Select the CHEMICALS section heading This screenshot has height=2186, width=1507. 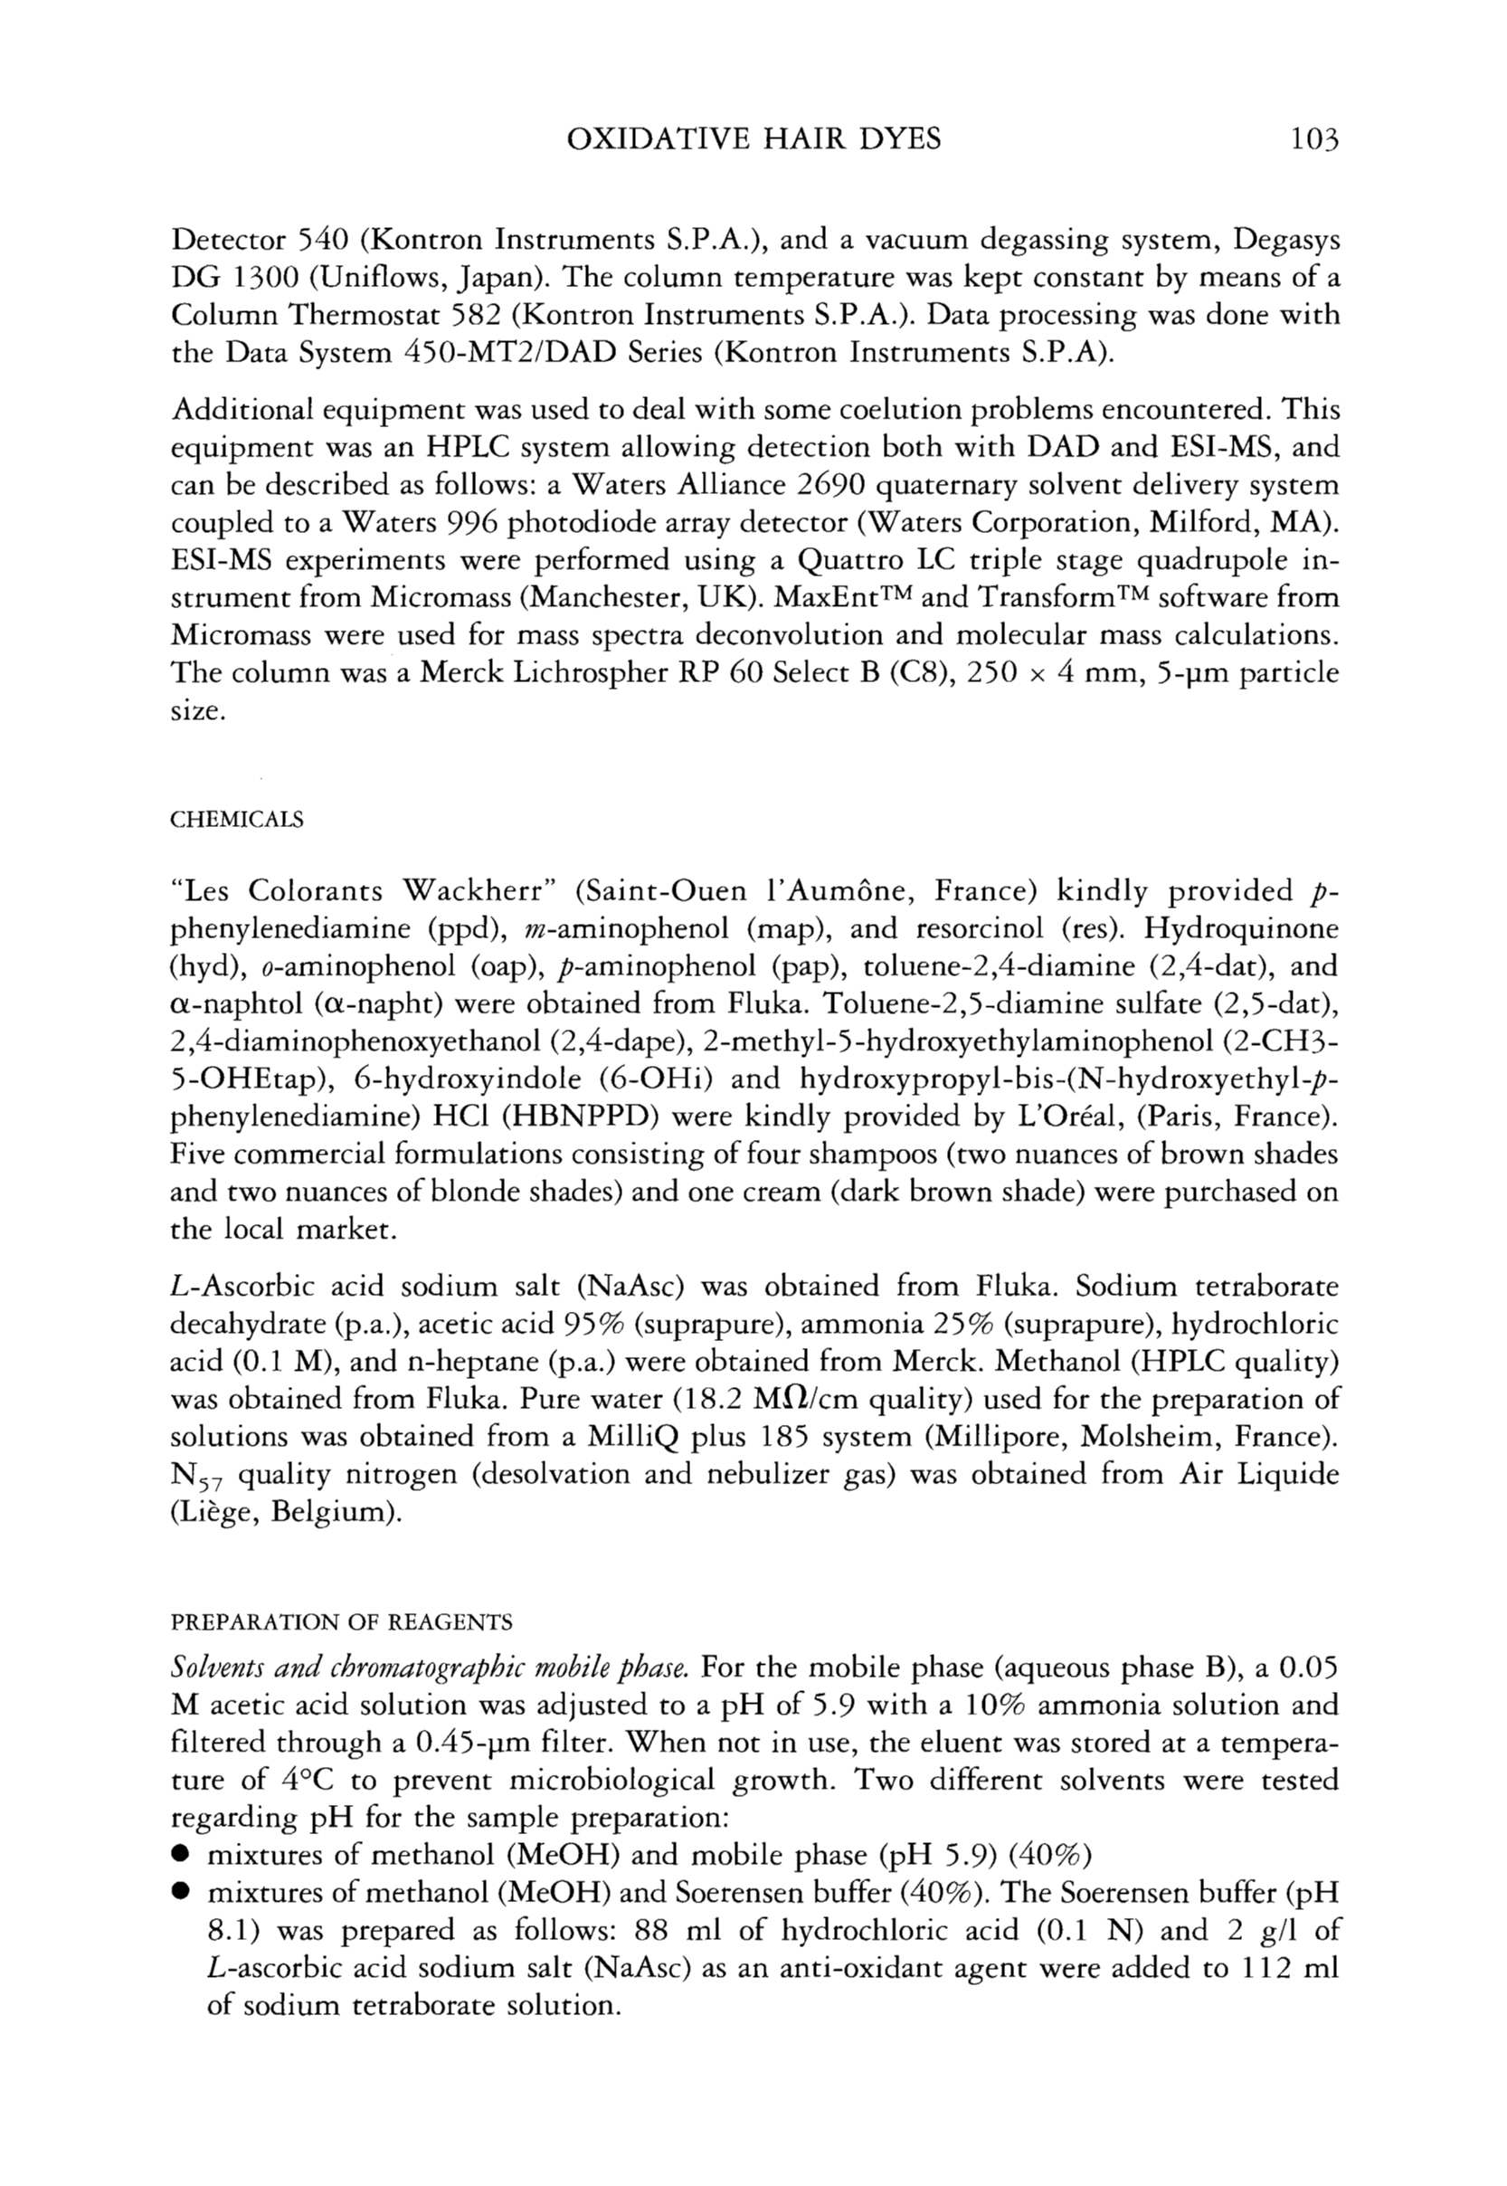coord(237,820)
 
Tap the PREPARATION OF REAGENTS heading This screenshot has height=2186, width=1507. coord(341,1622)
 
